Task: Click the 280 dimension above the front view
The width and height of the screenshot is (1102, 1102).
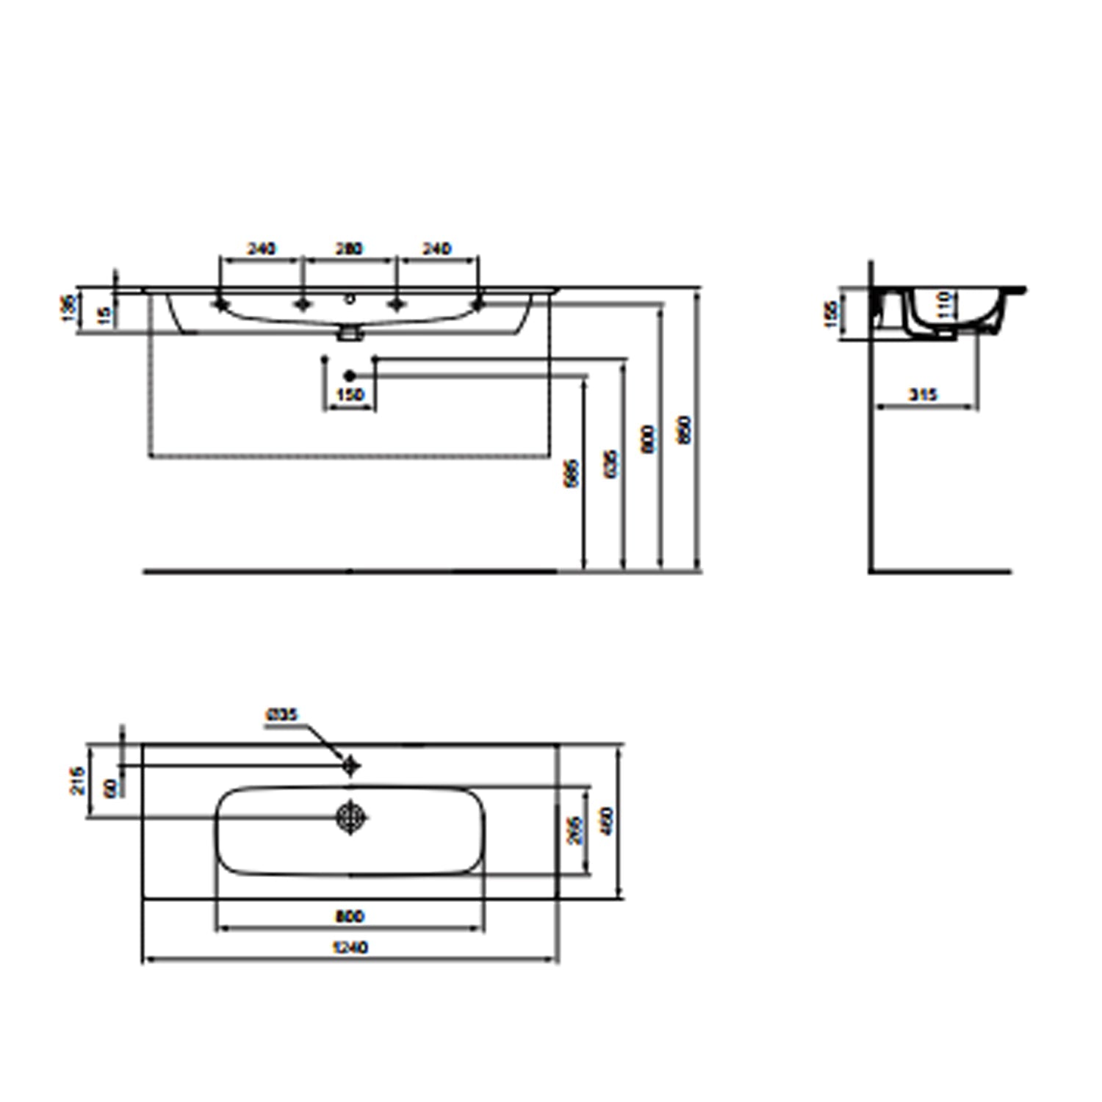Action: coord(349,249)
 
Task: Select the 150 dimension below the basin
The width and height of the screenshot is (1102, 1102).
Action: coord(350,395)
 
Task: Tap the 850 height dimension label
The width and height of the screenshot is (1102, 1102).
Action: coord(684,430)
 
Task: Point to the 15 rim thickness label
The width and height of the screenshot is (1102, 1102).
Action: coord(106,315)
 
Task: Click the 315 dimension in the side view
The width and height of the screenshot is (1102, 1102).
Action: coord(923,395)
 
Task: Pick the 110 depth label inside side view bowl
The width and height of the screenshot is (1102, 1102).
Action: coord(945,304)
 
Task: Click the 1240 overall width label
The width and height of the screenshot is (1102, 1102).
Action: coord(350,948)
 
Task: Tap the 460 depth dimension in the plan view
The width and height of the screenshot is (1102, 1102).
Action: coord(606,821)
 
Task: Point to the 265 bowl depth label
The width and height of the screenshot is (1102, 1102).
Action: coord(575,831)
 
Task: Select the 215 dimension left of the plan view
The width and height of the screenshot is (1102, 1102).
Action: coord(79,780)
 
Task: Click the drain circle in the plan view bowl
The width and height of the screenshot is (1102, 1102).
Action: coord(351,816)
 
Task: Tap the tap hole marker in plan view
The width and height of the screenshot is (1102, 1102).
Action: coord(351,766)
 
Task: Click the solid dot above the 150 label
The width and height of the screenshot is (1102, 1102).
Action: coord(350,376)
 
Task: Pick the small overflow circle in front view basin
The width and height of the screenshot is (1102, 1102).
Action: coord(350,299)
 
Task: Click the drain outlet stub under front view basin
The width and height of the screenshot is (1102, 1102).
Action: coord(350,334)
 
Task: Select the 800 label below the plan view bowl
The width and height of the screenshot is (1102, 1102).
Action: coord(350,916)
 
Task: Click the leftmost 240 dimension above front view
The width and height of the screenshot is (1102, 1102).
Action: coord(261,249)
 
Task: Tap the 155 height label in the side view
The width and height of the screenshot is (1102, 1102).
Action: coord(832,314)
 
